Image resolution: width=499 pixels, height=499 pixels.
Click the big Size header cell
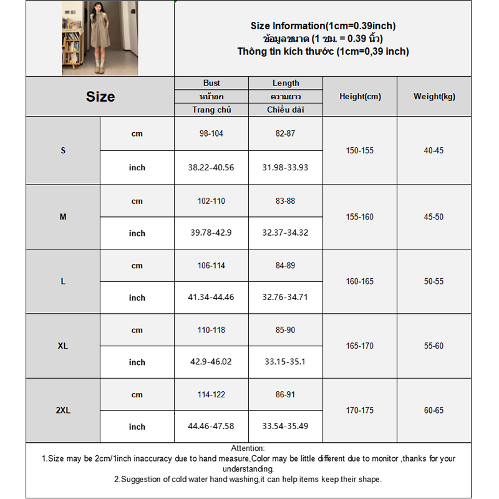click(x=100, y=97)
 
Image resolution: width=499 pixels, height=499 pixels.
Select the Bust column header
click(x=211, y=83)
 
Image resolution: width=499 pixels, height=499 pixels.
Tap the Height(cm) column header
click(x=360, y=97)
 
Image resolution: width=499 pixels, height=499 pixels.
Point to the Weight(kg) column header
click(x=434, y=97)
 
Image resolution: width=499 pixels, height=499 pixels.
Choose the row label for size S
click(x=63, y=151)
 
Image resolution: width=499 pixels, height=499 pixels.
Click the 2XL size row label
click(x=63, y=410)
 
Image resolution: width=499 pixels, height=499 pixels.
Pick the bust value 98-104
click(x=211, y=134)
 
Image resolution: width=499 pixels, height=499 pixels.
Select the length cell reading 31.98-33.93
click(x=286, y=168)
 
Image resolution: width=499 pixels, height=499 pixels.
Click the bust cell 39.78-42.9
click(x=211, y=233)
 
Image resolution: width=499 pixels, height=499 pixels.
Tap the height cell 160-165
click(x=360, y=281)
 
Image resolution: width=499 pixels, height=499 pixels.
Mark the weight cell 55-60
click(x=434, y=346)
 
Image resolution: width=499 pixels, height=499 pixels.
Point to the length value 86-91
click(x=286, y=395)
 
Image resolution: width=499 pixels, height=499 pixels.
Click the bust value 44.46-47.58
click(x=211, y=427)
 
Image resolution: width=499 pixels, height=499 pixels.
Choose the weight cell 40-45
click(x=434, y=151)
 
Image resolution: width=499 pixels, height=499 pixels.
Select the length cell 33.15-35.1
click(x=286, y=362)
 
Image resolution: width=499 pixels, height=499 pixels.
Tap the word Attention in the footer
click(x=248, y=448)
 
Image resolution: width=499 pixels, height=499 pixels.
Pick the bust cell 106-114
click(x=211, y=266)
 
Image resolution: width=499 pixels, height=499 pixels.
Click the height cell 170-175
click(x=360, y=410)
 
